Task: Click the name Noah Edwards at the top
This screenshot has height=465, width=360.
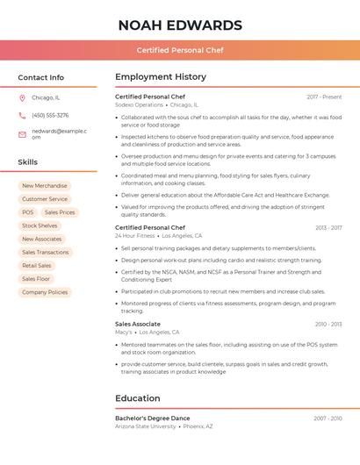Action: pos(179,25)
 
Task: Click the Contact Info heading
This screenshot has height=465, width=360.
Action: pos(40,77)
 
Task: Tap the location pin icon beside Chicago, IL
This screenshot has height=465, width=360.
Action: pos(22,97)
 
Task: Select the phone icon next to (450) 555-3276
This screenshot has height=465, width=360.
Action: pos(22,115)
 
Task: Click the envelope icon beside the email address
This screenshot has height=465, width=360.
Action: pos(22,134)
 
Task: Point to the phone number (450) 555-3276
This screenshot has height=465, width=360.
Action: pos(50,115)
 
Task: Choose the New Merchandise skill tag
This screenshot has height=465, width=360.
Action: pos(44,186)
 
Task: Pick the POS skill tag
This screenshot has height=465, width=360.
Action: pos(28,212)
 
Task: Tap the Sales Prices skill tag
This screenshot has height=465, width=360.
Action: pos(60,212)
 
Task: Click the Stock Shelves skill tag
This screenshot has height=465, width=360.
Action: pos(40,225)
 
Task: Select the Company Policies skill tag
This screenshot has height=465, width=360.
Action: pos(45,292)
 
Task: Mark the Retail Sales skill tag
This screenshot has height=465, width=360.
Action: pos(37,266)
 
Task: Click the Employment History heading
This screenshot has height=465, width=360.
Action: pos(161,77)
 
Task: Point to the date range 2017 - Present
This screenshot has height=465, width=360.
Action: pos(324,97)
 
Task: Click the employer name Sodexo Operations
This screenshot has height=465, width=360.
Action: pos(139,104)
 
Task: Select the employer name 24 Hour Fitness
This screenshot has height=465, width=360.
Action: pos(135,236)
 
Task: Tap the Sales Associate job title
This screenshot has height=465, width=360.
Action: pos(138,324)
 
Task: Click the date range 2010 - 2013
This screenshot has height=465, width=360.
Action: pos(328,324)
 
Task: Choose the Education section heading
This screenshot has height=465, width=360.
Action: pos(138,398)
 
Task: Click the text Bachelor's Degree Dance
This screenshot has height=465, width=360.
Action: pos(152,418)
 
